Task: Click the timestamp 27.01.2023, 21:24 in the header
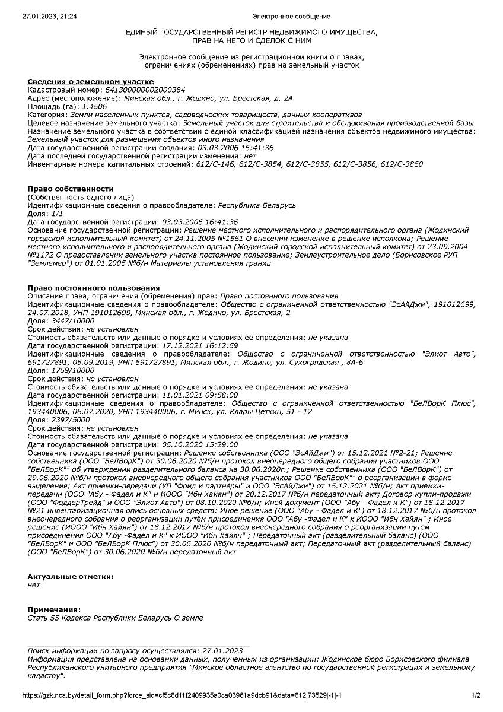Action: pos(49,17)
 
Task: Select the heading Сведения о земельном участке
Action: pos(91,81)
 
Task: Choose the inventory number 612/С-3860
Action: pos(401,164)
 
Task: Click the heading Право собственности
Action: pos(71,189)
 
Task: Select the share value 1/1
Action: pos(56,214)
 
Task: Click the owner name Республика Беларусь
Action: pos(257,205)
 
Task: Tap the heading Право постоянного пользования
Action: pos(94,288)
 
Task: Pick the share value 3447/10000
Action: pos(70,320)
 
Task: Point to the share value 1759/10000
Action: pos(70,370)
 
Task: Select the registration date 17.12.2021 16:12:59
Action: pos(200,345)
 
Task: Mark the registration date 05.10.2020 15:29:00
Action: pos(200,444)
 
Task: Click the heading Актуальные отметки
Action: pos(71,577)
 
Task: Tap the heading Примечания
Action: pos(55,609)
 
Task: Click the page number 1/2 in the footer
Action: pos(476,695)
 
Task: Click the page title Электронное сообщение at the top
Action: pos(291,17)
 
